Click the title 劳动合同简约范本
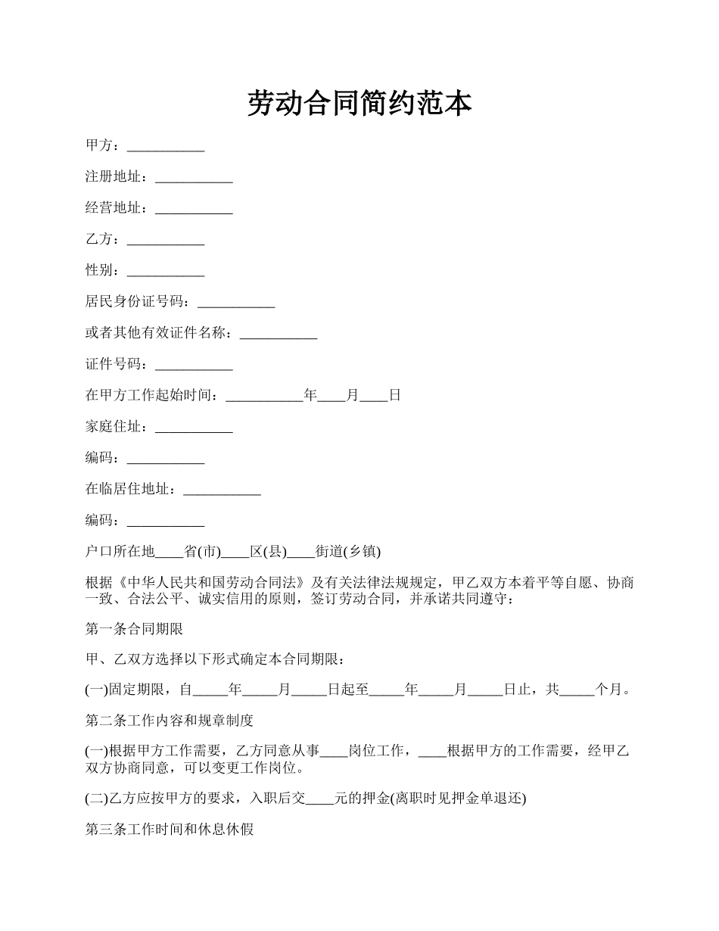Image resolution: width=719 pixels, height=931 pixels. click(359, 104)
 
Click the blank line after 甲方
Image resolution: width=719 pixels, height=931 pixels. click(166, 147)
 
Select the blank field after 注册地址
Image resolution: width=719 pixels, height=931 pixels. click(194, 178)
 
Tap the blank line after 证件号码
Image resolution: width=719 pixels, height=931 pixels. click(194, 365)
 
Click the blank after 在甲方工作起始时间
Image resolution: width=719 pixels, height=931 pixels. click(264, 396)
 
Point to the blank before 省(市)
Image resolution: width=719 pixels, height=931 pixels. click(170, 553)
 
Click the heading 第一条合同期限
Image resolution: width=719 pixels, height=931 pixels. click(134, 629)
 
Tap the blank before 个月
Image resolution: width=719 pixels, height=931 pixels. click(577, 691)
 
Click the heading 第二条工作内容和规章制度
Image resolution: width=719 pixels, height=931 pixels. click(170, 721)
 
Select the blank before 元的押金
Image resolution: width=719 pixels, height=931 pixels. click(319, 799)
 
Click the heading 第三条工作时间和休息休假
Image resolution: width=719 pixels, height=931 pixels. click(170, 830)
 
